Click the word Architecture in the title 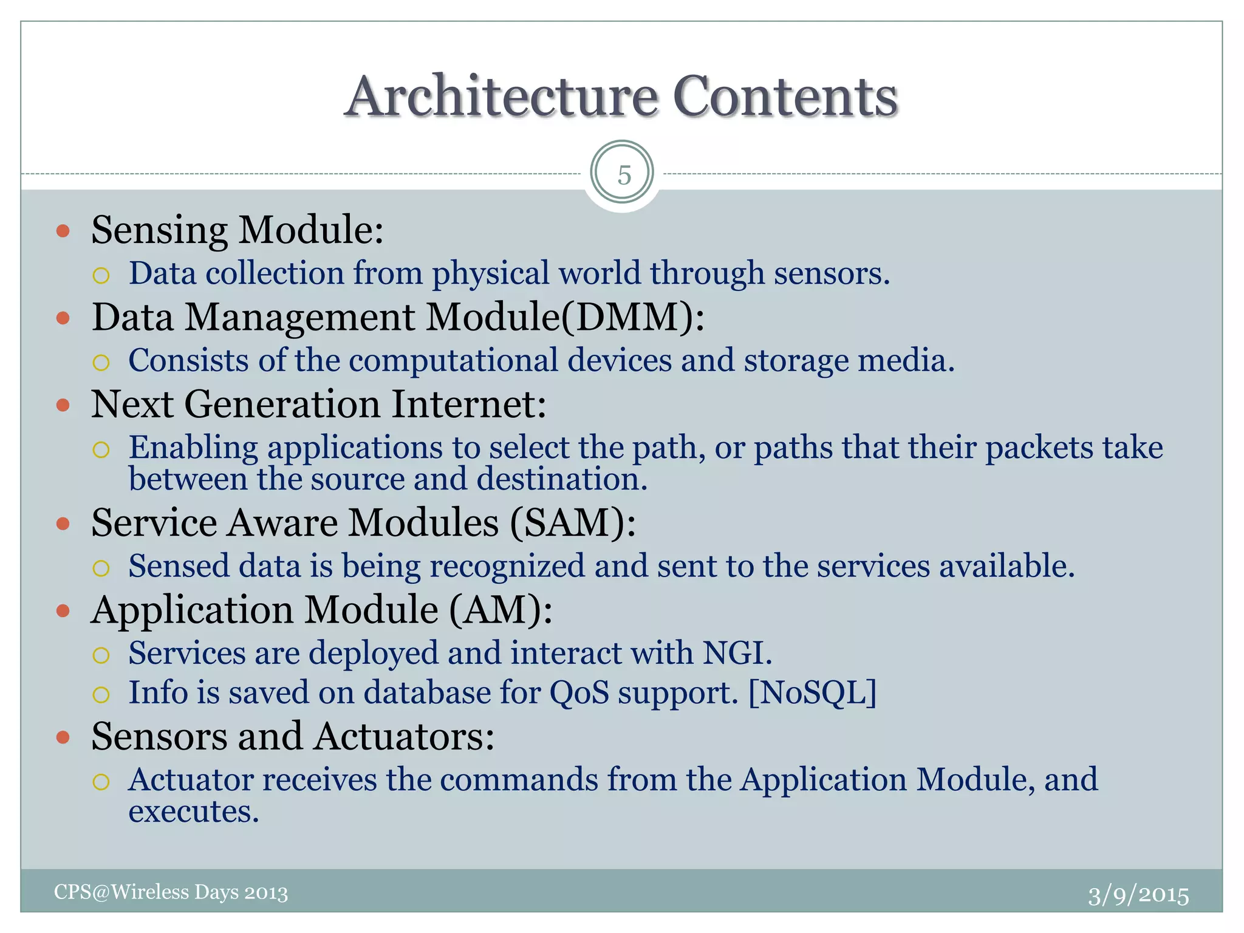pyautogui.click(x=502, y=97)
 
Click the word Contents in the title pyautogui.click(x=785, y=97)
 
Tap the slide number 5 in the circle pyautogui.click(x=624, y=176)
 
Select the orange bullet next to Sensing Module pyautogui.click(x=63, y=231)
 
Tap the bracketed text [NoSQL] pyautogui.click(x=813, y=692)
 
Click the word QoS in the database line pyautogui.click(x=579, y=692)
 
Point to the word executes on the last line pyautogui.click(x=194, y=812)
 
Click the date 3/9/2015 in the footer pyautogui.click(x=1138, y=895)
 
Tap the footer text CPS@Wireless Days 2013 pyautogui.click(x=171, y=892)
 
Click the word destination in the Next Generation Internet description pyautogui.click(x=562, y=479)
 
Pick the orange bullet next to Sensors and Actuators pyautogui.click(x=63, y=737)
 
